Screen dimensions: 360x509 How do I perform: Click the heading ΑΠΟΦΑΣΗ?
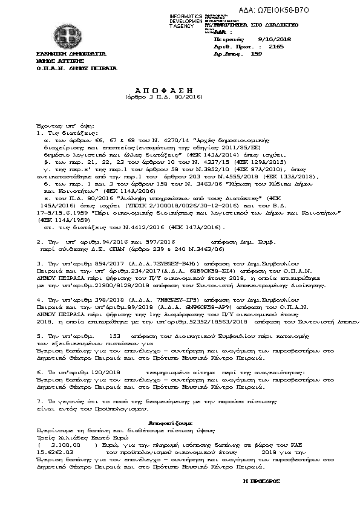point(153,88)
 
